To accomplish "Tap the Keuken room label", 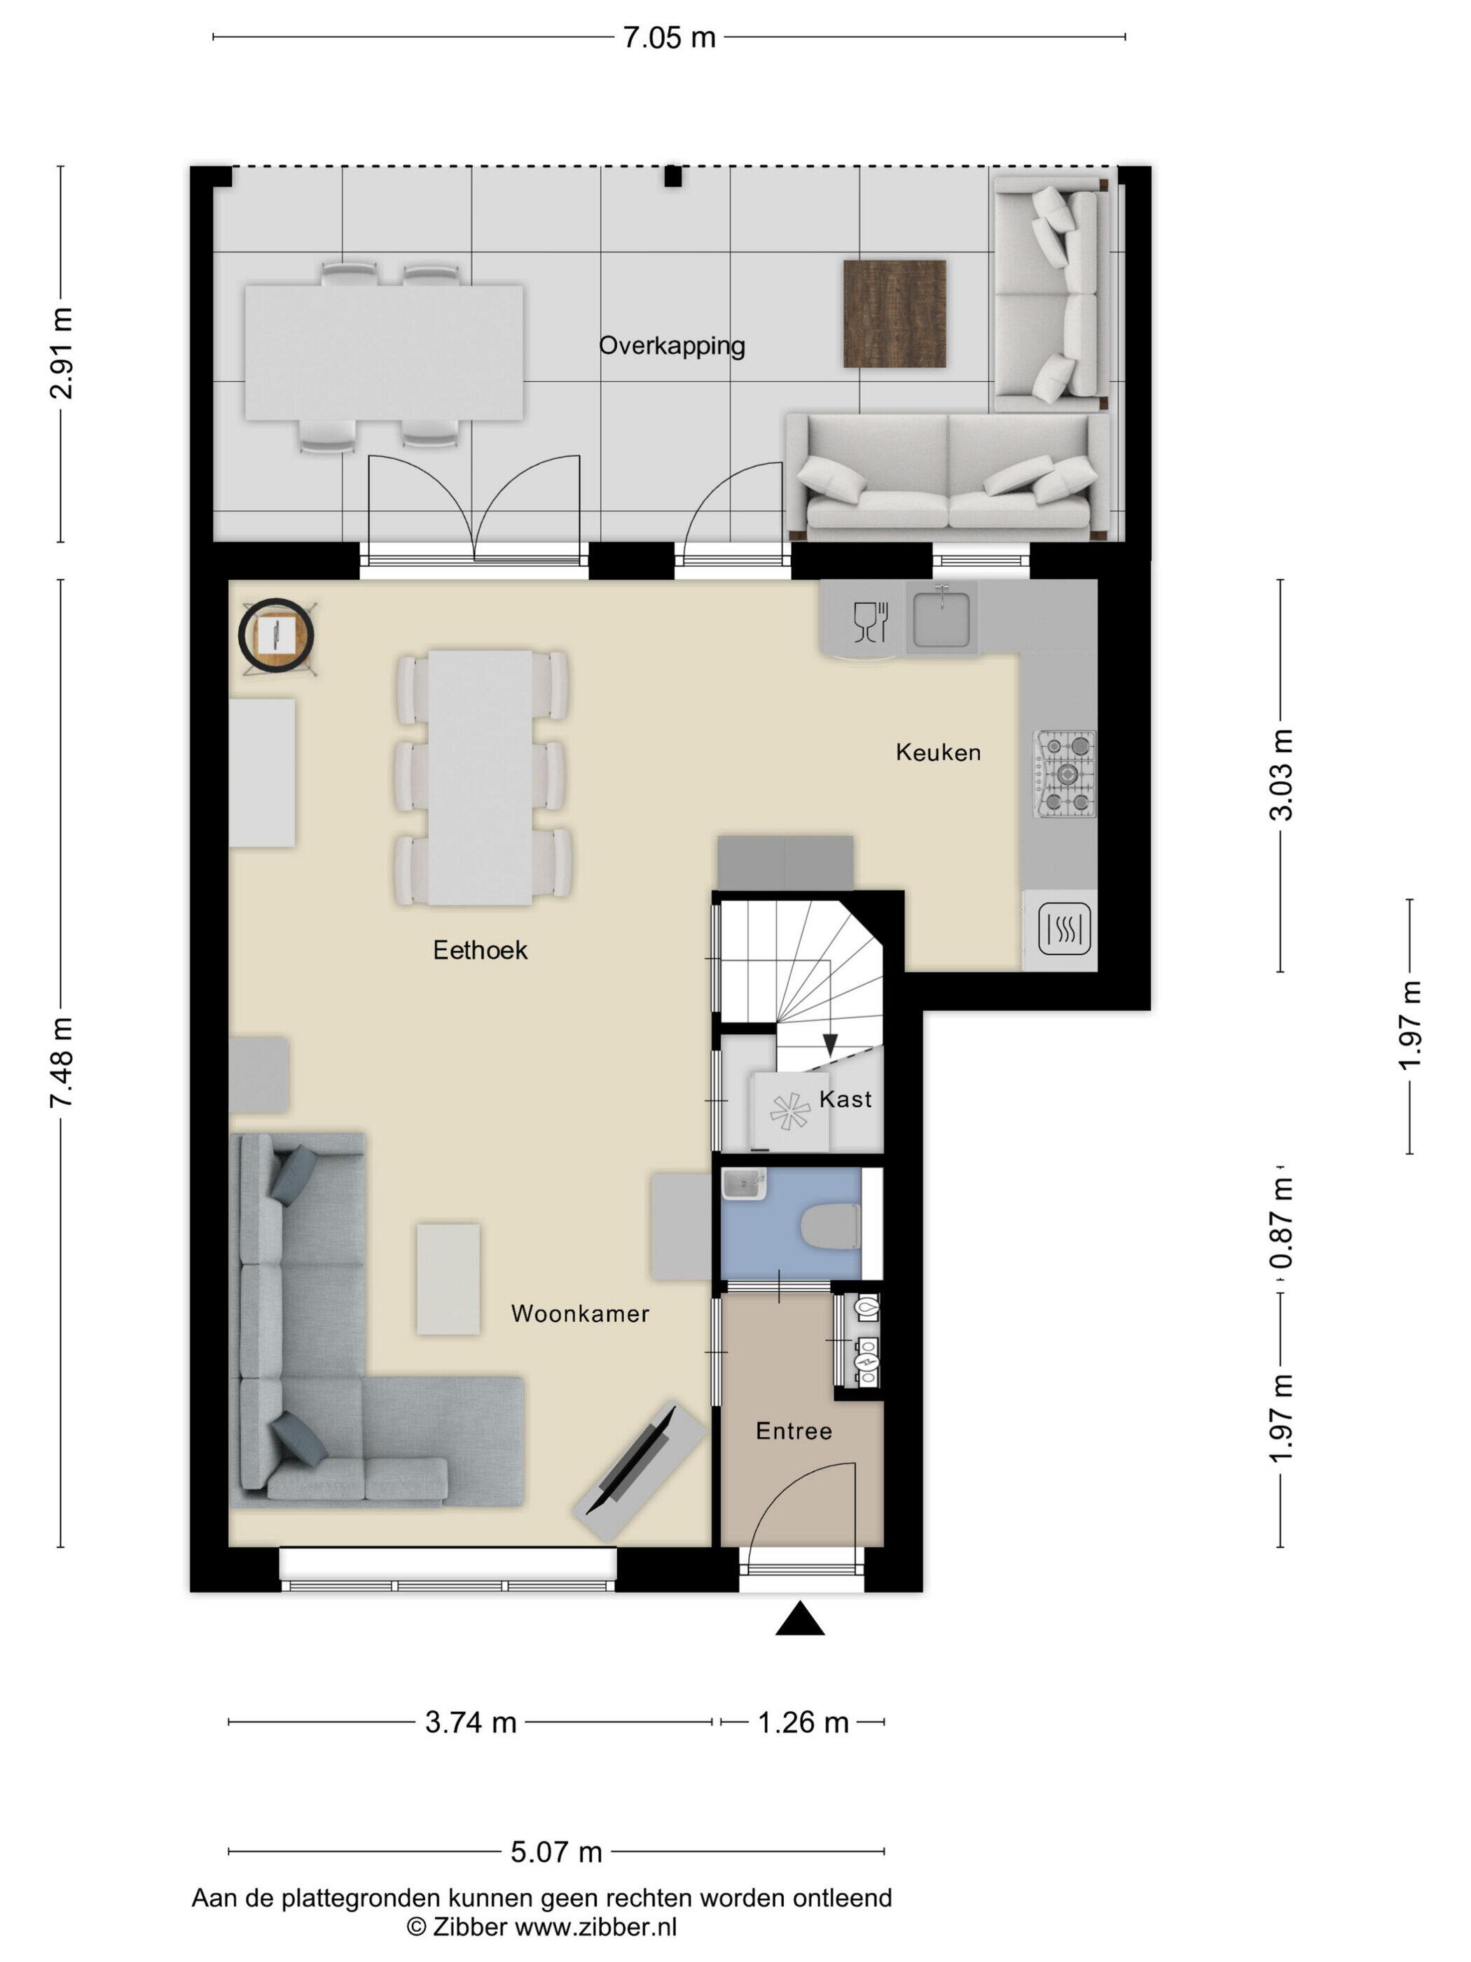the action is pyautogui.click(x=938, y=753).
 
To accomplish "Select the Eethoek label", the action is pyautogui.click(x=480, y=950).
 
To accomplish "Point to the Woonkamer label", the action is pyautogui.click(x=580, y=1314).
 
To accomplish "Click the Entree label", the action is pyautogui.click(x=794, y=1431).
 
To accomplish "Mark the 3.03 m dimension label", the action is pyautogui.click(x=1280, y=774).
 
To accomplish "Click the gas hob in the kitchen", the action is pyautogui.click(x=1064, y=774).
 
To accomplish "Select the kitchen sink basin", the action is pyautogui.click(x=941, y=618).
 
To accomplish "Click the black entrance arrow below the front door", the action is pyautogui.click(x=800, y=1618).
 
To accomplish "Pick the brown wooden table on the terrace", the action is pyautogui.click(x=894, y=313).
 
